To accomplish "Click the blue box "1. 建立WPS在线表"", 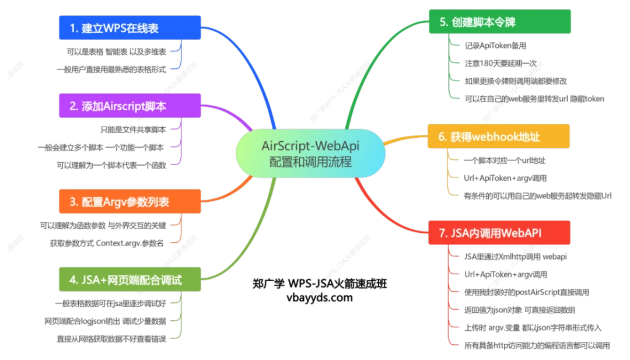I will click(x=130, y=26).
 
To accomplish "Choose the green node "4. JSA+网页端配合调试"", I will click(x=129, y=279).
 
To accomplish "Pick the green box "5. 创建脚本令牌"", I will click(x=500, y=22).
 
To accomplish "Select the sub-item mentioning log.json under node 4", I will click(x=105, y=320).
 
